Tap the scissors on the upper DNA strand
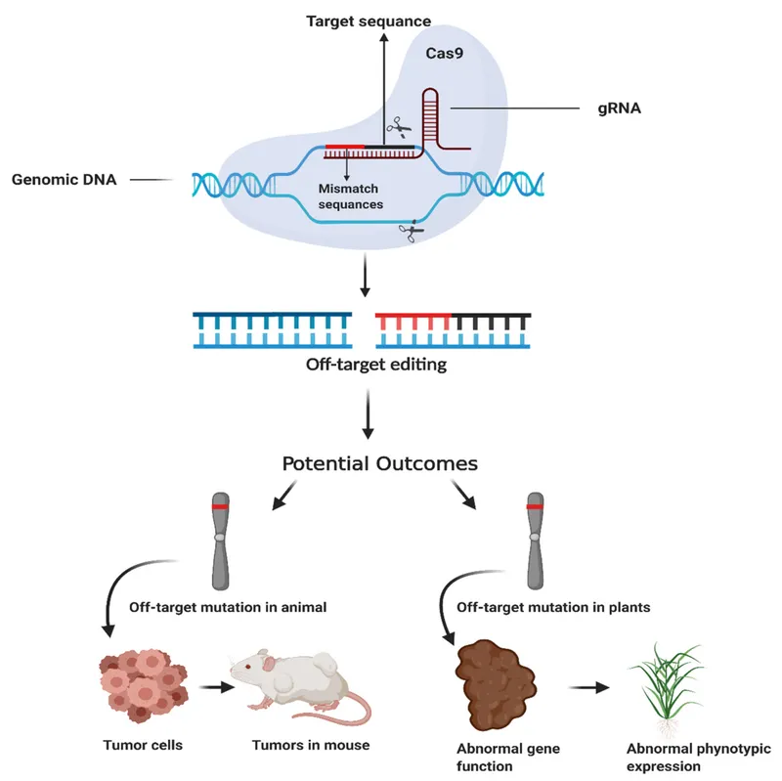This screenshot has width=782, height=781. point(397,127)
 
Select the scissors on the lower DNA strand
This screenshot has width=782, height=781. point(409,232)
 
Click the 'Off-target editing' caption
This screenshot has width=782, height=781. point(363,367)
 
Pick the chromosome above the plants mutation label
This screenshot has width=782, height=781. point(534,542)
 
